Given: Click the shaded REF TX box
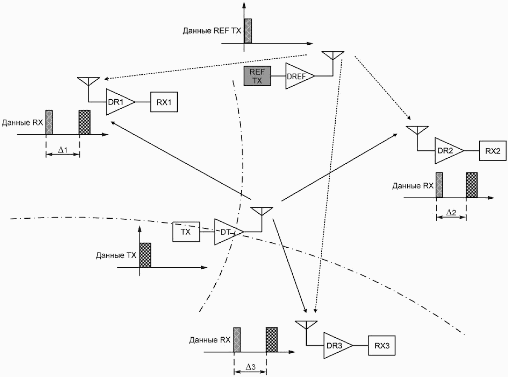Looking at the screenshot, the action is [x=257, y=76].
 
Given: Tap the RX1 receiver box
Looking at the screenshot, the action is [x=164, y=102].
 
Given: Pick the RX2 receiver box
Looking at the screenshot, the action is [x=493, y=151].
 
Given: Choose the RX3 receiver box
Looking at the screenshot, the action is [x=382, y=345].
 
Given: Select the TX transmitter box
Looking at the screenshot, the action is [x=186, y=232].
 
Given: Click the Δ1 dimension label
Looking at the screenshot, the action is [x=63, y=150].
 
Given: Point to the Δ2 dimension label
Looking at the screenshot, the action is [x=451, y=213].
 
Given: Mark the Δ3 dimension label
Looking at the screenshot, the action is [x=250, y=367].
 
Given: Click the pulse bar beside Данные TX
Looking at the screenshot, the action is [x=145, y=255].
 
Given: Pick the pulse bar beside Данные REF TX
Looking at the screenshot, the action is [x=248, y=31].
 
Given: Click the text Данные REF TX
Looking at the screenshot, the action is [x=212, y=31].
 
